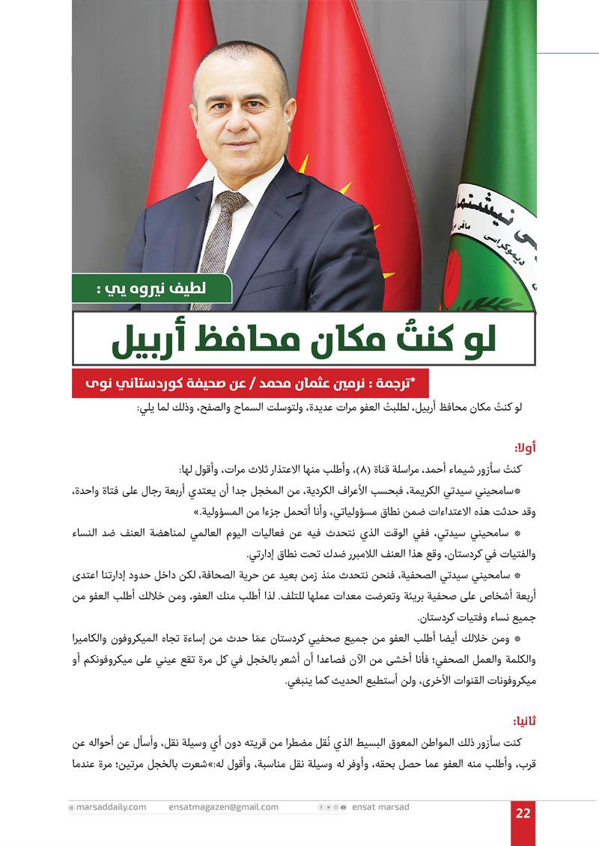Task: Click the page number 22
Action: pos(523,814)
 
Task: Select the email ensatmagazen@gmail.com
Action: pos(224,807)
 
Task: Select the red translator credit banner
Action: pos(248,383)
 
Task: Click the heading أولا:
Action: pos(524,448)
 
